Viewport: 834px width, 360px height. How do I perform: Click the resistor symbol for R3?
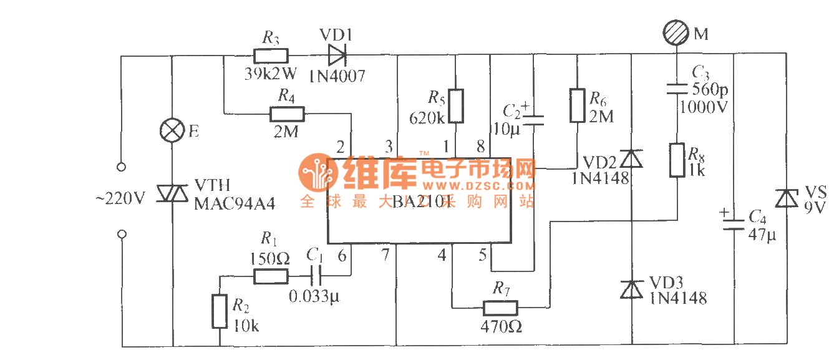(x=270, y=56)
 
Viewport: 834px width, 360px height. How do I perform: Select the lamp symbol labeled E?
(x=171, y=132)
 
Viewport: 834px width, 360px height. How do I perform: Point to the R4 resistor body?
(x=287, y=114)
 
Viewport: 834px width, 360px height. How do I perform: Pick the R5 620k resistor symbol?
(x=456, y=105)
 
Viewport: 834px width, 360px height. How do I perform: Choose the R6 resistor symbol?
(x=578, y=105)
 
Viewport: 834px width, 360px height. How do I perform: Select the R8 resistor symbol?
(x=677, y=160)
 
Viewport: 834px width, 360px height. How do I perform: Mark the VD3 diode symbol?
(x=632, y=289)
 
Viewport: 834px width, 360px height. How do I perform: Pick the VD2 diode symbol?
(x=632, y=160)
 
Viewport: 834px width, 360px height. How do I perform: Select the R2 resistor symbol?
(x=219, y=311)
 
